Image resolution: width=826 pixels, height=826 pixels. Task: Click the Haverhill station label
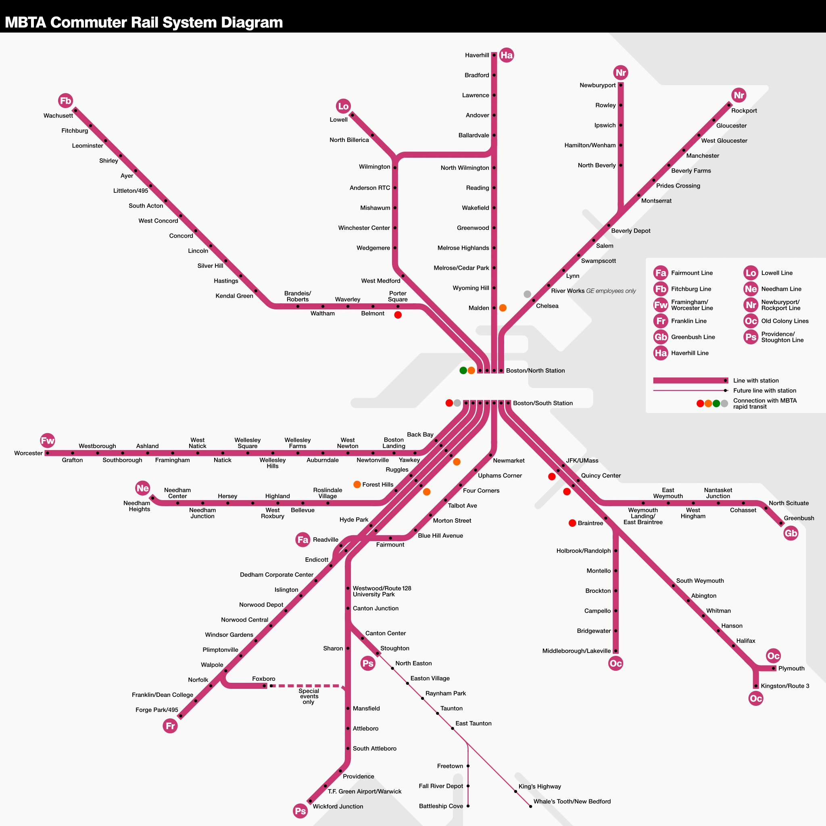477,55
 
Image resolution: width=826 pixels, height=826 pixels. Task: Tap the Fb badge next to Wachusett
65,101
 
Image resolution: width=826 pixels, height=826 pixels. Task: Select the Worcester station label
28,453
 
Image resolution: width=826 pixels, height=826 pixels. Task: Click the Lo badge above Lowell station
343,106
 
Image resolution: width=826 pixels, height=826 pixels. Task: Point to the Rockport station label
744,111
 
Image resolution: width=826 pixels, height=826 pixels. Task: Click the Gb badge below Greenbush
791,533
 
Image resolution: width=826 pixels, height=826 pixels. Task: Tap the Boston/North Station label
535,371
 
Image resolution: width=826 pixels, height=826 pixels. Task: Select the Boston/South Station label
542,403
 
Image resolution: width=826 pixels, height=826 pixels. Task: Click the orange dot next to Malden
503,308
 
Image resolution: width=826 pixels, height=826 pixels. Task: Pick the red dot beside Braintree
572,523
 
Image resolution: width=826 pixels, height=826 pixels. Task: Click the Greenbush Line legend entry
693,337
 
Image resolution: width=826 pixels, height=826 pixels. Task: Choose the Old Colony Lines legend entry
784,321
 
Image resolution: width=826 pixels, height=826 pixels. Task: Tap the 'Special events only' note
309,697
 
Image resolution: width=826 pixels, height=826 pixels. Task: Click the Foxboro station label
263,679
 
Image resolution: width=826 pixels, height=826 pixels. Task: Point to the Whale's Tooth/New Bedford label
572,802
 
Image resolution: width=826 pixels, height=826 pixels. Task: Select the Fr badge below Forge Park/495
170,726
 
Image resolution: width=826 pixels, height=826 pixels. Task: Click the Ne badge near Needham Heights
143,488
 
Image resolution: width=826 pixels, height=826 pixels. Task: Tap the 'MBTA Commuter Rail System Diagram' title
144,22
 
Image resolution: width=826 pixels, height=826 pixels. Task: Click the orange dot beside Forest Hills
357,484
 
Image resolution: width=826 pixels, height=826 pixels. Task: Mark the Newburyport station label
597,86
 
